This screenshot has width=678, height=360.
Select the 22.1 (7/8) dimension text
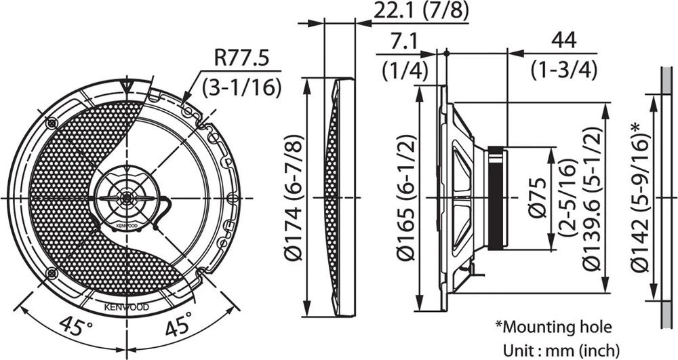[421, 12]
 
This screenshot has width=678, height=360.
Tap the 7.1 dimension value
[403, 42]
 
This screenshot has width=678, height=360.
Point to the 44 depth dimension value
[564, 41]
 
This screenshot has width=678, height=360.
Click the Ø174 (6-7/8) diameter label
[294, 197]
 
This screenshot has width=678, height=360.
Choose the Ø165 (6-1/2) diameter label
[406, 197]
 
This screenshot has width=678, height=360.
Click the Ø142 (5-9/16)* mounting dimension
[641, 197]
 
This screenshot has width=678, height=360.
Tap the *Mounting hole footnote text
[553, 327]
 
